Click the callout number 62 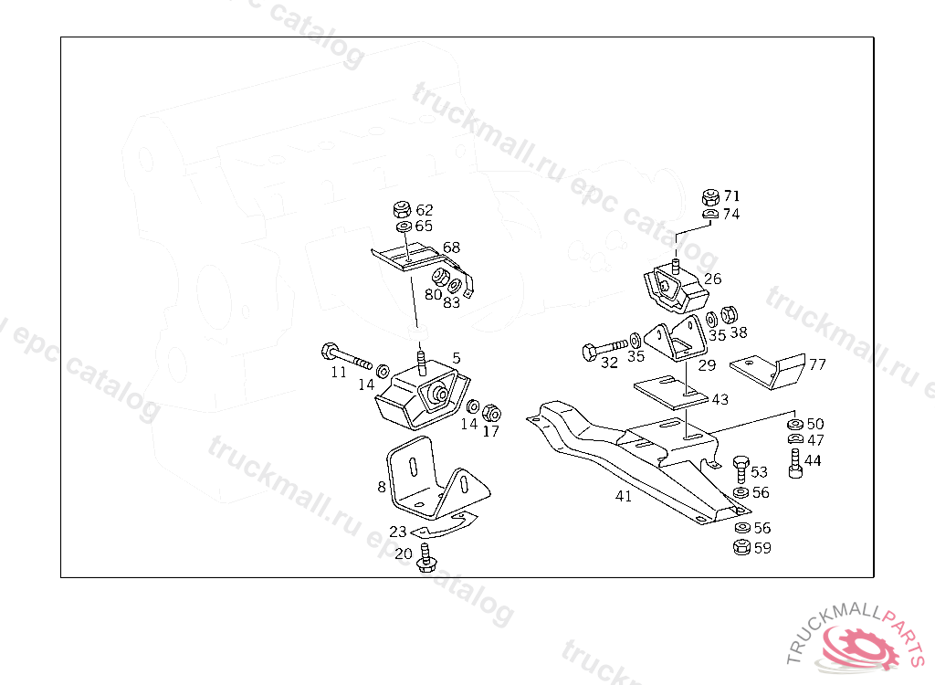click(425, 209)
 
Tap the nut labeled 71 click(709, 196)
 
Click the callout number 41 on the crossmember click(624, 497)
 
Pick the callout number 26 click(712, 278)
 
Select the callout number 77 click(817, 364)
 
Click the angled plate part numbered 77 click(766, 370)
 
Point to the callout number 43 click(720, 399)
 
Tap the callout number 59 click(762, 548)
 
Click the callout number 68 click(451, 248)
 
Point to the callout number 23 click(398, 532)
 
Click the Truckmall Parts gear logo click(861, 648)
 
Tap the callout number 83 click(452, 301)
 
